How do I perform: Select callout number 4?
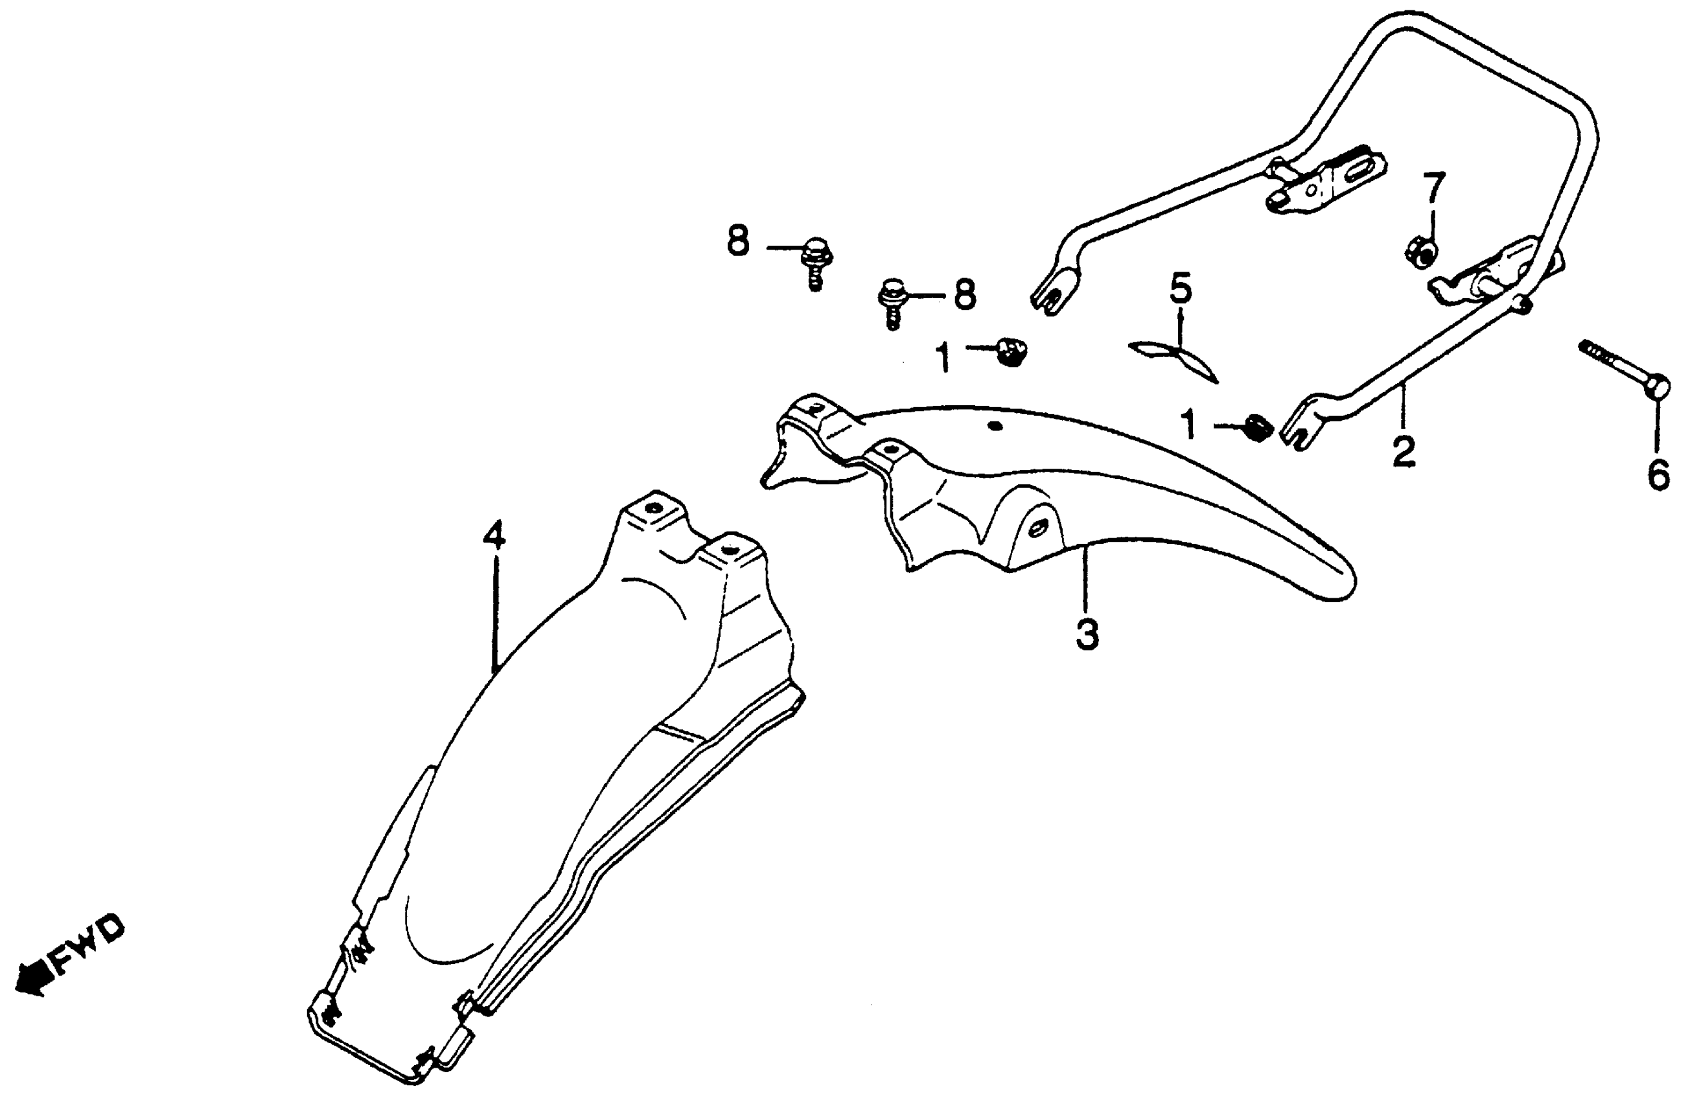click(494, 537)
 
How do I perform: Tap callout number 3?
click(1087, 635)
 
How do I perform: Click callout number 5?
click(1180, 290)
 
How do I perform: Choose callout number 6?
click(1658, 475)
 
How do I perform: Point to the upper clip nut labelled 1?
click(1012, 351)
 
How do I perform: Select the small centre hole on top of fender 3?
click(995, 427)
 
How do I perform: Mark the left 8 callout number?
click(737, 241)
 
